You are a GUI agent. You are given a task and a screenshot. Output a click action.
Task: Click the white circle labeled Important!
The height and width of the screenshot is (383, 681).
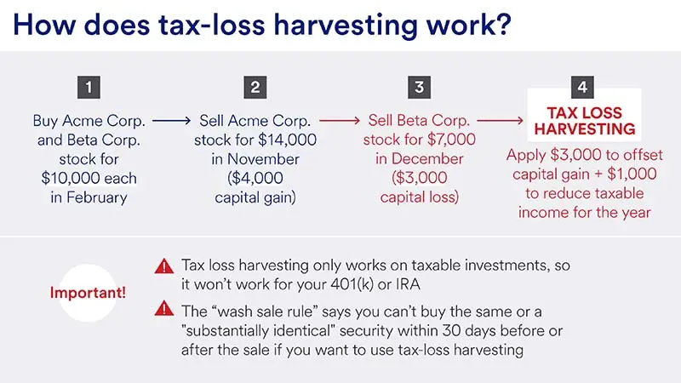click(89, 292)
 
